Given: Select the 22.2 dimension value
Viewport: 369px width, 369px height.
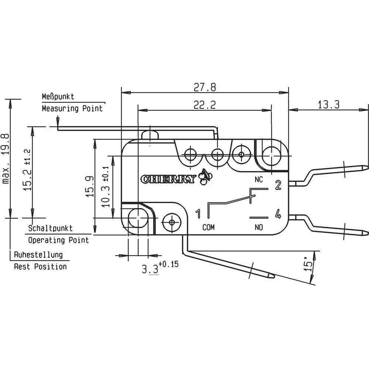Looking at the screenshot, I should pyautogui.click(x=205, y=105).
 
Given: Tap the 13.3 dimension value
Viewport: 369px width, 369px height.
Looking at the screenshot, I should pyautogui.click(x=328, y=105).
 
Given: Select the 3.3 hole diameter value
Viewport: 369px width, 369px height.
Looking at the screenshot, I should pyautogui.click(x=151, y=269).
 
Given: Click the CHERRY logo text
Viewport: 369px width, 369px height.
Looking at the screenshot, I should pyautogui.click(x=169, y=179).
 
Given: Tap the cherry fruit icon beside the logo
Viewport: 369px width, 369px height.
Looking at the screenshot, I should pyautogui.click(x=204, y=177).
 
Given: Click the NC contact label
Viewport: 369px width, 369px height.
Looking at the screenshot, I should pyautogui.click(x=259, y=180).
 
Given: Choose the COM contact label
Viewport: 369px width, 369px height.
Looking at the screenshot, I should pyautogui.click(x=208, y=227).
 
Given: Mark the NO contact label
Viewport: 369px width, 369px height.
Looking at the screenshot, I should pyautogui.click(x=259, y=227).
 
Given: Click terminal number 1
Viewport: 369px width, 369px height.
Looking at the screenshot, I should pyautogui.click(x=198, y=214).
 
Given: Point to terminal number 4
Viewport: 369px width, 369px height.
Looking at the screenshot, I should pyautogui.click(x=278, y=214).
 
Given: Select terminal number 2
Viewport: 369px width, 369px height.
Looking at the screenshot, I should pyautogui.click(x=278, y=185).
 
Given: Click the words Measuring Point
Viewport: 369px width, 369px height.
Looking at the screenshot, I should pyautogui.click(x=72, y=108).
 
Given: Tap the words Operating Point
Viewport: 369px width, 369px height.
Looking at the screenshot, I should pyautogui.click(x=59, y=240).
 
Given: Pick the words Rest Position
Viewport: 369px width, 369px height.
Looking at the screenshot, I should pyautogui.click(x=40, y=266).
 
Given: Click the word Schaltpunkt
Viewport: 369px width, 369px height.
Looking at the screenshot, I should pyautogui.click(x=51, y=229).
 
